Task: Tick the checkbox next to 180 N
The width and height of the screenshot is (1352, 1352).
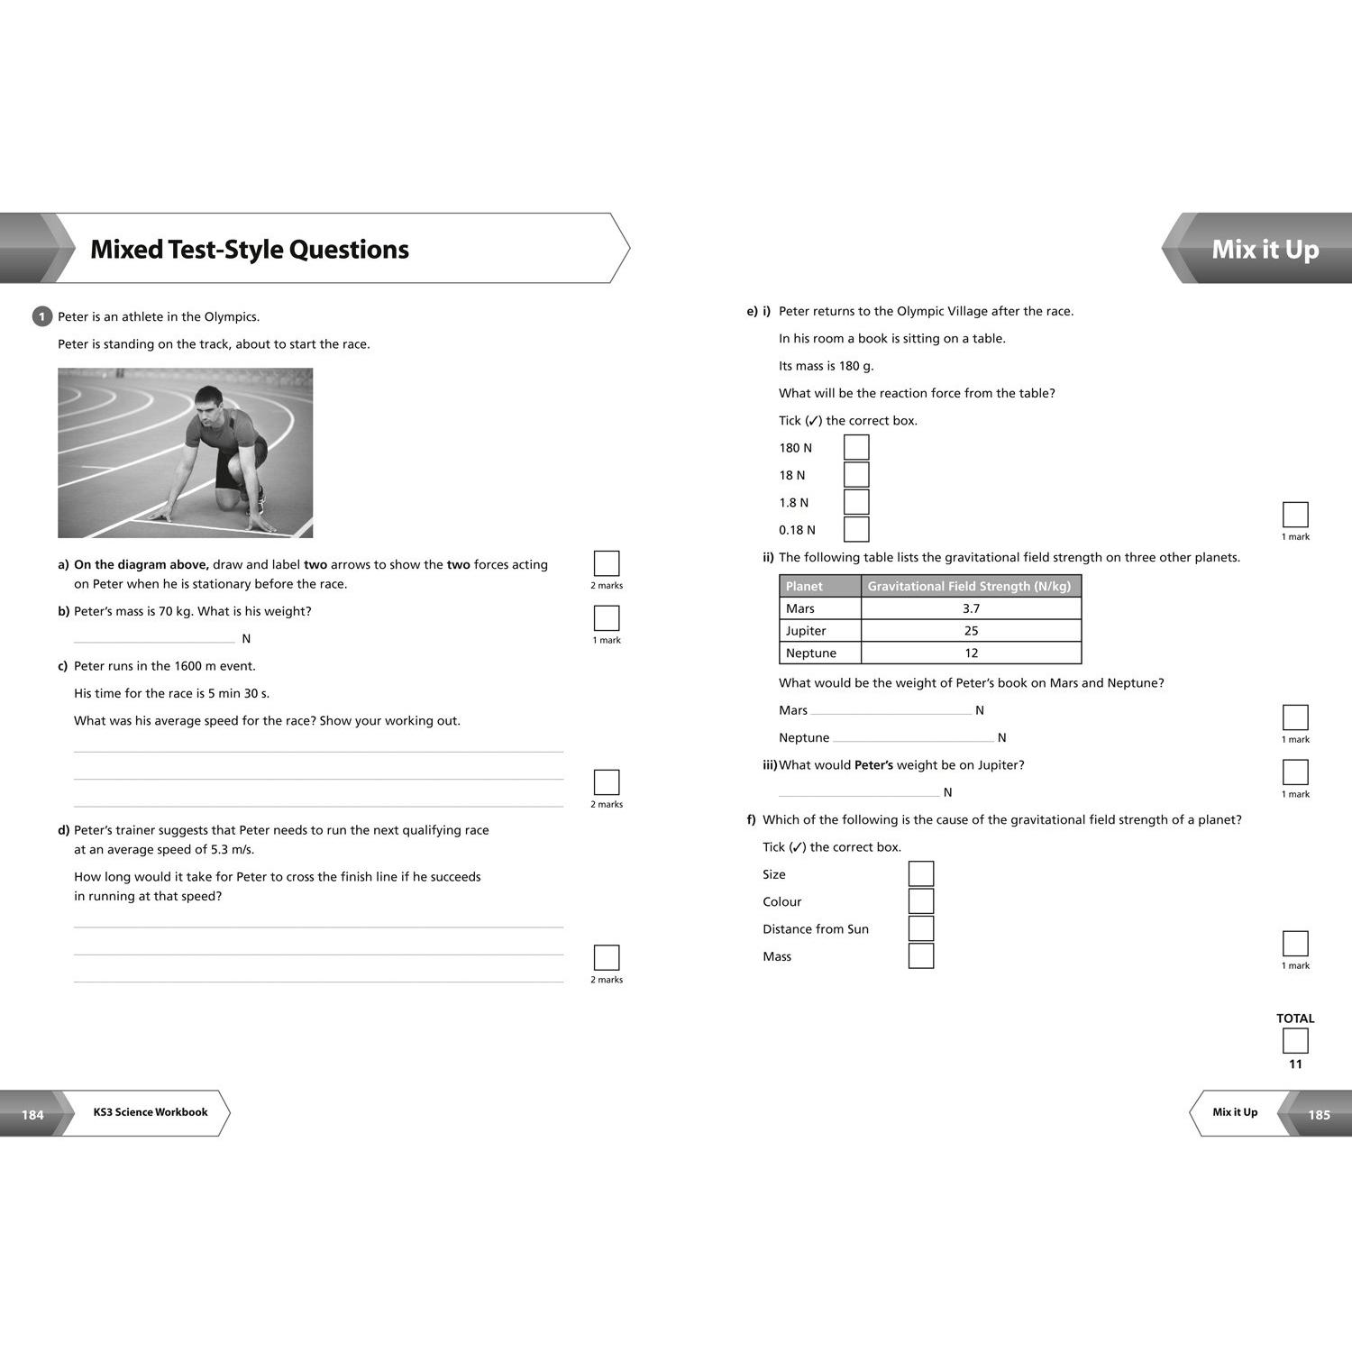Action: (x=856, y=447)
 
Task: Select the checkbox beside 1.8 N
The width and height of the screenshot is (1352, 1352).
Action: (x=856, y=502)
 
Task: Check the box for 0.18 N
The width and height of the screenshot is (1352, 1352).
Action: (x=856, y=529)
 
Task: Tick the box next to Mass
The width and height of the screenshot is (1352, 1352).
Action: (x=921, y=955)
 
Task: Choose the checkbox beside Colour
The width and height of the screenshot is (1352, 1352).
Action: (x=921, y=900)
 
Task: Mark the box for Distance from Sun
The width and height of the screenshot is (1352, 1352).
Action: (x=921, y=928)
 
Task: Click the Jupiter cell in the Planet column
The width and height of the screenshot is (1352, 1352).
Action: (x=820, y=631)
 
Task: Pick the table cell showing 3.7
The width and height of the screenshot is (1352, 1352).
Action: (x=972, y=608)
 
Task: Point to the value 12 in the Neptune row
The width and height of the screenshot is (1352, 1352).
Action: (x=972, y=653)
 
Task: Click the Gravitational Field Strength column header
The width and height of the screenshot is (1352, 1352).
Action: (x=970, y=586)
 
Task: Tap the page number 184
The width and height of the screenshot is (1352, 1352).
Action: (x=32, y=1115)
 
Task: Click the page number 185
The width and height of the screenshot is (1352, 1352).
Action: (x=1320, y=1115)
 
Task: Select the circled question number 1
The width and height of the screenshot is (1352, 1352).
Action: (x=41, y=316)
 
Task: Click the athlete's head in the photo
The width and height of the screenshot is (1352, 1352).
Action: (x=208, y=401)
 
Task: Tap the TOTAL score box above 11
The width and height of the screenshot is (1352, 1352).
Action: (x=1295, y=1041)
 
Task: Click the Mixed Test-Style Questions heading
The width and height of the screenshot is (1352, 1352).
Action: (x=250, y=250)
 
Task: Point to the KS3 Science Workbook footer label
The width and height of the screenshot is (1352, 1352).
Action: (x=151, y=1112)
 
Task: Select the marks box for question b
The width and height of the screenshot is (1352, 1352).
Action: (x=607, y=617)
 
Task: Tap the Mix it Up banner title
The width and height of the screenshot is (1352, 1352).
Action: (x=1265, y=250)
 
